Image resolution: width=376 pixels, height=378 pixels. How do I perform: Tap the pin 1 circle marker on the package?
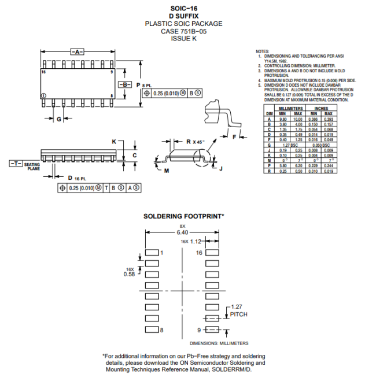tap(43, 95)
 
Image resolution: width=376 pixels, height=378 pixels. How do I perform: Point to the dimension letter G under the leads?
tap(59, 120)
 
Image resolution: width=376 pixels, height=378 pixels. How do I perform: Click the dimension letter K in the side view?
tap(114, 142)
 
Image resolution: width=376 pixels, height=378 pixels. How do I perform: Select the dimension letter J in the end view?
tap(221, 168)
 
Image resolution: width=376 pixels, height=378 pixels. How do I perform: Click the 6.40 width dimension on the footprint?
tap(183, 232)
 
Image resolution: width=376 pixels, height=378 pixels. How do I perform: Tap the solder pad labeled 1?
tap(152, 253)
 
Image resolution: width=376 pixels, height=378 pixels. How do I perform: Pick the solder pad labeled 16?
tap(212, 253)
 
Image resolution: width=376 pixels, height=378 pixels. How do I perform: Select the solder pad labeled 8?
tap(152, 329)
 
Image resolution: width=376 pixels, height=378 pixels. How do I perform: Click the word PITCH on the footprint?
tap(238, 314)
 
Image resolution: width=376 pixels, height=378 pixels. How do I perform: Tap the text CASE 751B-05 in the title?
tap(183, 31)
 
